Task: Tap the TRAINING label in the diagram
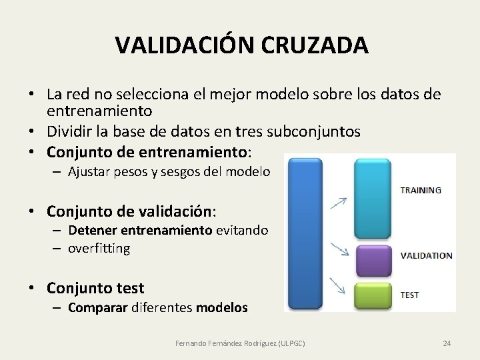(420, 190)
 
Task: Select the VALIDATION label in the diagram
(426, 255)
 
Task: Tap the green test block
(373, 296)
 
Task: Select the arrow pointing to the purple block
(340, 250)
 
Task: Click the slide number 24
(447, 343)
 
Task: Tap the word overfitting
(98, 248)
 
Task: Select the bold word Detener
(87, 230)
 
